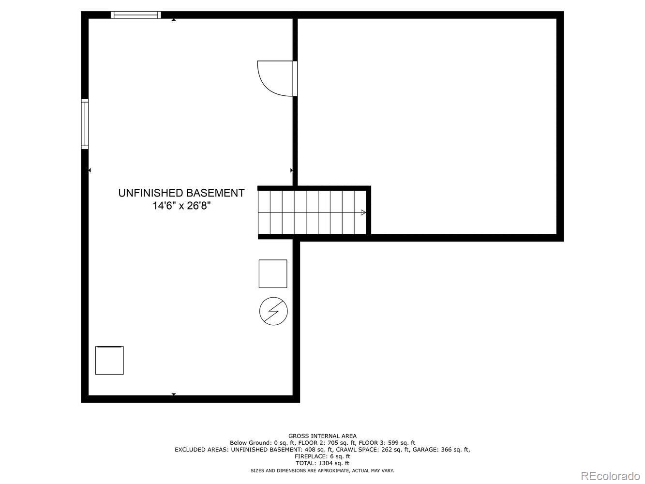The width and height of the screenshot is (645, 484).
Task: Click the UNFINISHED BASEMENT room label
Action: pyautogui.click(x=181, y=193)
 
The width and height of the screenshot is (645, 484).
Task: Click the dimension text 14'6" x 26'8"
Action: pyautogui.click(x=181, y=206)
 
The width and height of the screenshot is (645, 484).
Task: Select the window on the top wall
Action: pyautogui.click(x=136, y=15)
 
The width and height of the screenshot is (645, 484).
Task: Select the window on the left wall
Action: pyautogui.click(x=85, y=123)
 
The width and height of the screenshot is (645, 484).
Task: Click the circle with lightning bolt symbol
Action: pyautogui.click(x=273, y=311)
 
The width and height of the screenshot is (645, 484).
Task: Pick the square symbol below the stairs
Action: pyautogui.click(x=273, y=274)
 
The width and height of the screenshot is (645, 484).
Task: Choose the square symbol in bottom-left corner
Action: pyautogui.click(x=109, y=361)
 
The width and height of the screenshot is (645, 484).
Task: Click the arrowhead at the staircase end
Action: pyautogui.click(x=363, y=212)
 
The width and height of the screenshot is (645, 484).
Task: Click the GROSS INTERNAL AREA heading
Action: pyautogui.click(x=322, y=436)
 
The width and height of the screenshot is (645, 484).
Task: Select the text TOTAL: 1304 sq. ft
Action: pyautogui.click(x=322, y=463)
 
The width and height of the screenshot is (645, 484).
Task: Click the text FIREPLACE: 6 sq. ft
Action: pyautogui.click(x=322, y=456)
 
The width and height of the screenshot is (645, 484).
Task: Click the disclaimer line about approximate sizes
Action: pyautogui.click(x=322, y=470)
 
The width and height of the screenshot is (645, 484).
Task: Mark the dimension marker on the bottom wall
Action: pyautogui.click(x=174, y=395)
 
